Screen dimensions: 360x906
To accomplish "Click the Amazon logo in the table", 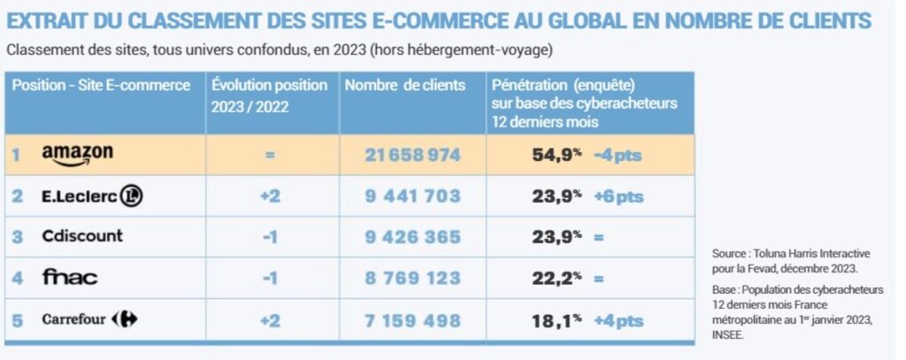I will [x=78, y=155].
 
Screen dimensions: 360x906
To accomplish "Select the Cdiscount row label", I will [x=82, y=236].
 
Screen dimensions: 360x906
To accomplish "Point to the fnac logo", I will [x=70, y=277].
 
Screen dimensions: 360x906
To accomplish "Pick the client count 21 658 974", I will [x=412, y=155].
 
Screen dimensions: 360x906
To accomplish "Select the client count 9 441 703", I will [x=412, y=196].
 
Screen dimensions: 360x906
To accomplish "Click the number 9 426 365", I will [x=412, y=237].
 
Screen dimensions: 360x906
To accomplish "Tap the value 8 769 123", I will [x=412, y=278].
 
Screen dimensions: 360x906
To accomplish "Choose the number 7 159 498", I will [x=412, y=318].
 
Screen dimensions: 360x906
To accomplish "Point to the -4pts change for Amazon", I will [x=617, y=156].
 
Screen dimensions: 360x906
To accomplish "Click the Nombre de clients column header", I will [x=404, y=86].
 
